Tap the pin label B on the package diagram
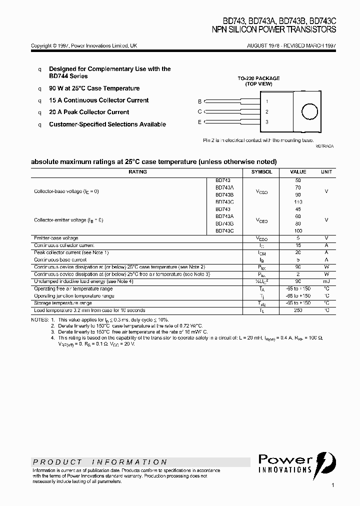pos(200,101)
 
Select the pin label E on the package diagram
pos(200,122)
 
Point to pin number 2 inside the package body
pos(267,111)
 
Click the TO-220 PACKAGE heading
pos(258,78)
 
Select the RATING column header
pos(138,171)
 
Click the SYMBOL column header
pos(262,171)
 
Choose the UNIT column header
pos(326,171)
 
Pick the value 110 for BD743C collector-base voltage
pos(298,201)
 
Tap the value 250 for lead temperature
pos(298,310)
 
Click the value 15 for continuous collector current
pos(298,245)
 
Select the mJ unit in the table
pos(326,281)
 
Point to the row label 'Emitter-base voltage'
pos(56,238)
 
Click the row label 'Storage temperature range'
pos(63,303)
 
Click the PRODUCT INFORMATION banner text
pos(100,462)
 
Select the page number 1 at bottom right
pos(332,485)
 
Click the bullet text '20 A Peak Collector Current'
pos(89,112)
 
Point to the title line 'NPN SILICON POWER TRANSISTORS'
pos(274,30)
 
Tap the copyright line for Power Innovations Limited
pos(84,45)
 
